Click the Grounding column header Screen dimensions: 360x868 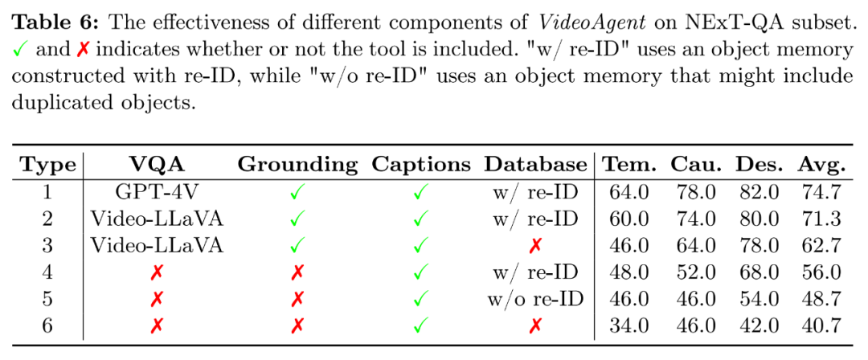click(297, 165)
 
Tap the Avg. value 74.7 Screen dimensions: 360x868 click(821, 192)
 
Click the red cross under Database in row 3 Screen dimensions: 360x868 click(535, 245)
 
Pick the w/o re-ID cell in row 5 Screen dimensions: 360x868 click(535, 299)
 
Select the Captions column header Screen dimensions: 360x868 click(420, 165)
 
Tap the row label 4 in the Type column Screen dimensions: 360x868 click(48, 272)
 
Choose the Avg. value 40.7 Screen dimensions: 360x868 click(821, 325)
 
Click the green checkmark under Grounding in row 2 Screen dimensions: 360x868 click(297, 219)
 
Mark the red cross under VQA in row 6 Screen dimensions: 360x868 click(157, 325)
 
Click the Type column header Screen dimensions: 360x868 click(48, 165)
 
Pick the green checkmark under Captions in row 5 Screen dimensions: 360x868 click(420, 299)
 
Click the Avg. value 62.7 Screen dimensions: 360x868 click(821, 245)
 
